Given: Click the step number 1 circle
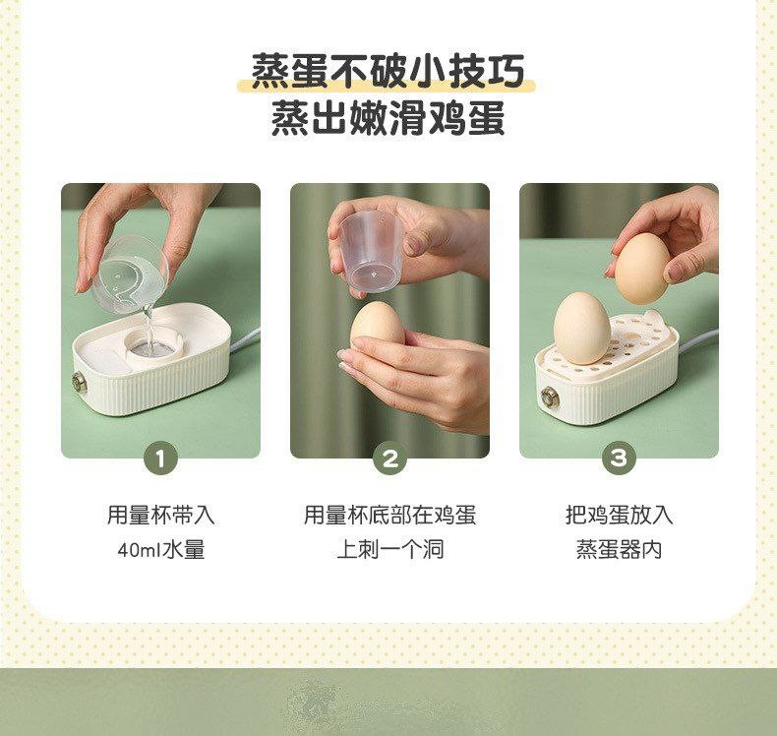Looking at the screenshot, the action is [160, 459].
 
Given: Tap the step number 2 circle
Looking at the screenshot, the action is [390, 459].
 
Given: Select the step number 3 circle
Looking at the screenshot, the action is [619, 459].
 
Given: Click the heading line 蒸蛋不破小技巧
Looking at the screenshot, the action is [388, 72].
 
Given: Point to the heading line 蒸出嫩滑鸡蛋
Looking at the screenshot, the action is [388, 118].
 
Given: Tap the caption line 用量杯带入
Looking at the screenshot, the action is [161, 515].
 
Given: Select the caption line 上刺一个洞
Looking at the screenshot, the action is [390, 550].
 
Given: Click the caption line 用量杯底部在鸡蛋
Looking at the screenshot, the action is [390, 515].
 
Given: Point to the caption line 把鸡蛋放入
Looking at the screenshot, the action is [619, 515].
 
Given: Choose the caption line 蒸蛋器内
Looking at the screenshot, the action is [619, 550].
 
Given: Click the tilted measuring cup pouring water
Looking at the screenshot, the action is [131, 275].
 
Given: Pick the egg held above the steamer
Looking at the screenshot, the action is [642, 268].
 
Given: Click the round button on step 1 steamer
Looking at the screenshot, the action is [79, 384].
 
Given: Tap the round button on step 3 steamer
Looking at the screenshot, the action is [550, 398].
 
